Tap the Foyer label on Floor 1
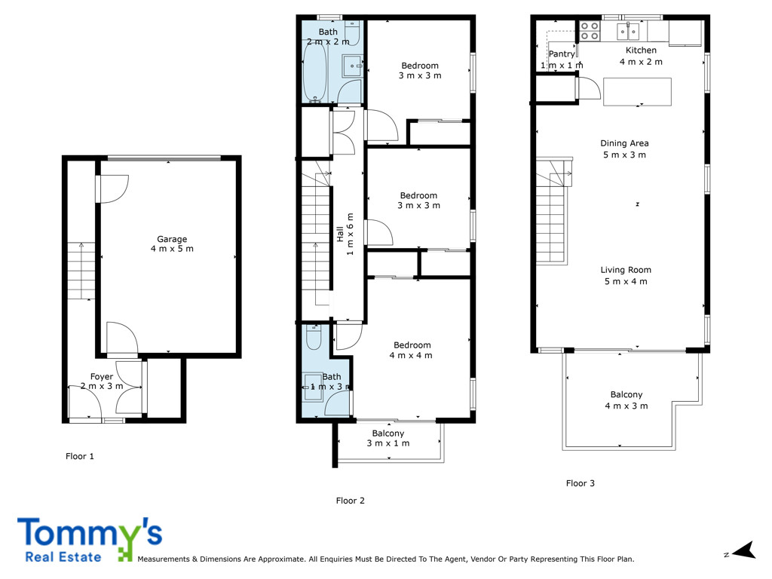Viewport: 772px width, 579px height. click(102, 377)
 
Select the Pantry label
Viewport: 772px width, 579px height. click(562, 54)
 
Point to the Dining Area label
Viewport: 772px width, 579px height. click(624, 143)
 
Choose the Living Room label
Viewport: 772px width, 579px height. click(626, 270)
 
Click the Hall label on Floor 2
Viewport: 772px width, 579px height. click(341, 234)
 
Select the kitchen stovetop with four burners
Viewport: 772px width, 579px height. click(590, 31)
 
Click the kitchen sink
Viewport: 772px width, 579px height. click(627, 31)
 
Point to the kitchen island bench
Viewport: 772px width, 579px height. click(637, 91)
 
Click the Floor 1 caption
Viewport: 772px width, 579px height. click(81, 456)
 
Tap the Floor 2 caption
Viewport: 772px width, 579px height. click(351, 500)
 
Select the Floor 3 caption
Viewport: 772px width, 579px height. click(581, 483)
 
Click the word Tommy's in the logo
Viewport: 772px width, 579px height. click(89, 533)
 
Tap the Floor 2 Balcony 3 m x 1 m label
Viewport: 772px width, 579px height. click(388, 438)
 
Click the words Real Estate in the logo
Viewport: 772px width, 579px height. click(63, 557)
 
